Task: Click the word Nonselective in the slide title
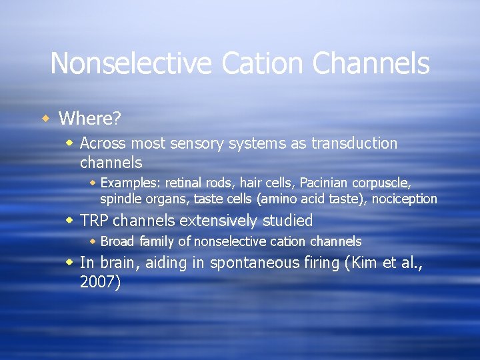point(131,64)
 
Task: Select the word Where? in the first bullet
point(89,119)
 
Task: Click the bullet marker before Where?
point(45,119)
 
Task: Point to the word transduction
point(355,143)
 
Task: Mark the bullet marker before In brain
point(70,263)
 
